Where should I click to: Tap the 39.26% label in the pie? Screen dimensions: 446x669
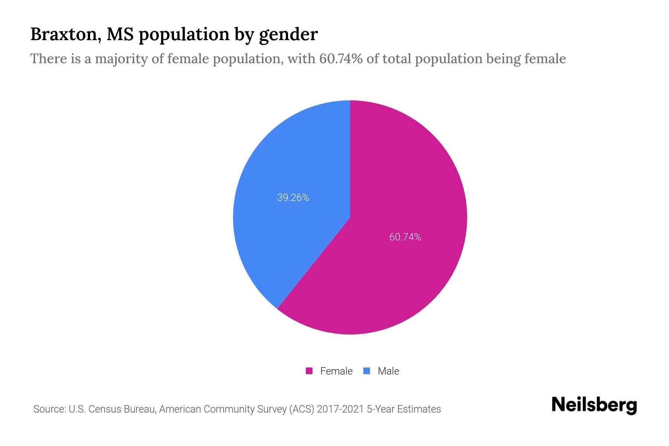(293, 198)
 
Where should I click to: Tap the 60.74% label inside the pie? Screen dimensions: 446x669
(405, 237)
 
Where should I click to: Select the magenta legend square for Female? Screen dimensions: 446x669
(309, 371)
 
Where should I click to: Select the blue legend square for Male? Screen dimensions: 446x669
(366, 371)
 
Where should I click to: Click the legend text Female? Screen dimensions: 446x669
(336, 371)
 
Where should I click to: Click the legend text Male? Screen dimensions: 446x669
(388, 371)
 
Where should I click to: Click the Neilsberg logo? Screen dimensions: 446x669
(594, 405)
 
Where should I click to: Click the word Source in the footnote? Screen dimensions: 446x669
(49, 409)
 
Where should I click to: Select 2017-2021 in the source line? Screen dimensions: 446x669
(340, 409)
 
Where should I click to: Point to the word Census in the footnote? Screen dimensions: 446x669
(105, 409)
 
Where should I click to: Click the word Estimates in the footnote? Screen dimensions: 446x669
(419, 409)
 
